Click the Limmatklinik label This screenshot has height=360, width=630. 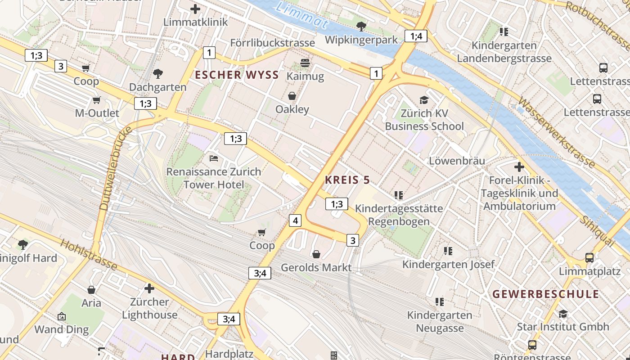tap(195, 22)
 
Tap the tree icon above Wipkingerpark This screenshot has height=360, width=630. tap(361, 27)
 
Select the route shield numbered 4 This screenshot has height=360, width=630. tap(295, 220)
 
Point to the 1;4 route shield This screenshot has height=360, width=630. tap(416, 36)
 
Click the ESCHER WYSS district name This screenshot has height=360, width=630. tap(237, 75)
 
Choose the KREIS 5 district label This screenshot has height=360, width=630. tap(347, 180)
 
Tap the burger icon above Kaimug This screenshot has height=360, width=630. tap(305, 63)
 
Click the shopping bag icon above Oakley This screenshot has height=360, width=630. tap(292, 96)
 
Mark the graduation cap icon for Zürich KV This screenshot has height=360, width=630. tap(424, 100)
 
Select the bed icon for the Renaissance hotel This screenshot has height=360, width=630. tap(214, 158)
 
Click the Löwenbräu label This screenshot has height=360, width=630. tap(457, 161)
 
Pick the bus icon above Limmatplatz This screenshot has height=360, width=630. tap(589, 258)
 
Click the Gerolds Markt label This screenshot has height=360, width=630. tap(316, 268)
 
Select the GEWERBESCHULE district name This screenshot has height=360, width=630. tap(545, 294)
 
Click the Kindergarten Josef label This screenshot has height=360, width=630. tap(448, 264)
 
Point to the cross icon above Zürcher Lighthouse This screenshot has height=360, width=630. tap(149, 288)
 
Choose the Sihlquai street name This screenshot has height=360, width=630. tap(597, 231)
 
